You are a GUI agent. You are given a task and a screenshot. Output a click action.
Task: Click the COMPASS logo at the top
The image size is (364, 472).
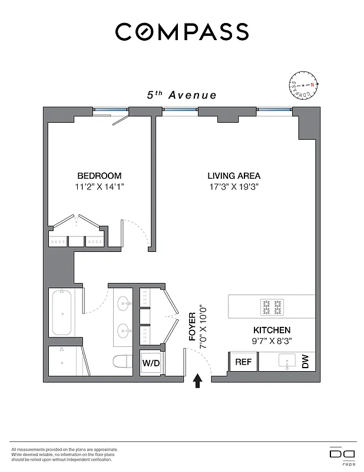coord(181,32)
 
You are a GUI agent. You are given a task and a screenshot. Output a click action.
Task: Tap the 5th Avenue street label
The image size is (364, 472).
coord(181,95)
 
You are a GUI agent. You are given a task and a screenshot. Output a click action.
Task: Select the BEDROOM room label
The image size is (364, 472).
coord(100,176)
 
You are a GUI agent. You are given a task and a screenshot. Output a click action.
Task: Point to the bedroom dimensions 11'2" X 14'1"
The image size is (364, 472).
coord(100,186)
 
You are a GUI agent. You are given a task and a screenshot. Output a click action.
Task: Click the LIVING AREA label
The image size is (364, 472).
coord(234,176)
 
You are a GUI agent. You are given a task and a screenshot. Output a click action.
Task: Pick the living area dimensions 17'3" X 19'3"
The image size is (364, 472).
coord(234,186)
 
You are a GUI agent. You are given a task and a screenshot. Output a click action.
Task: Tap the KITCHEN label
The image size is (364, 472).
coord(272,330)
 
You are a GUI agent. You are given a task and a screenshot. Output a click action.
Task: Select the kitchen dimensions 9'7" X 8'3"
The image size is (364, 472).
coord(272,341)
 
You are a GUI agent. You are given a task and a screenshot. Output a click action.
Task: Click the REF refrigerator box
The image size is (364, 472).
coord(243,362)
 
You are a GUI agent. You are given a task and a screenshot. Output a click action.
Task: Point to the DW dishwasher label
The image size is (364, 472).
coord(305,363)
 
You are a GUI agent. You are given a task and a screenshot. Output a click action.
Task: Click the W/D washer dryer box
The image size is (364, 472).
coord(151,363)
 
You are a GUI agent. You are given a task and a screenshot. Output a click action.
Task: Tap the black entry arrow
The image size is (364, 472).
coord(198,382)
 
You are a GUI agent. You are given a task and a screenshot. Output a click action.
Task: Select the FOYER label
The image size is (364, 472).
coord(191,327)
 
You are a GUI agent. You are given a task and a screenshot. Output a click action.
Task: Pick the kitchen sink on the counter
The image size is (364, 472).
coord(287,362)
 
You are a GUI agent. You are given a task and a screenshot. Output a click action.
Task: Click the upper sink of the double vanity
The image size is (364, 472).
coord(124,304)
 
